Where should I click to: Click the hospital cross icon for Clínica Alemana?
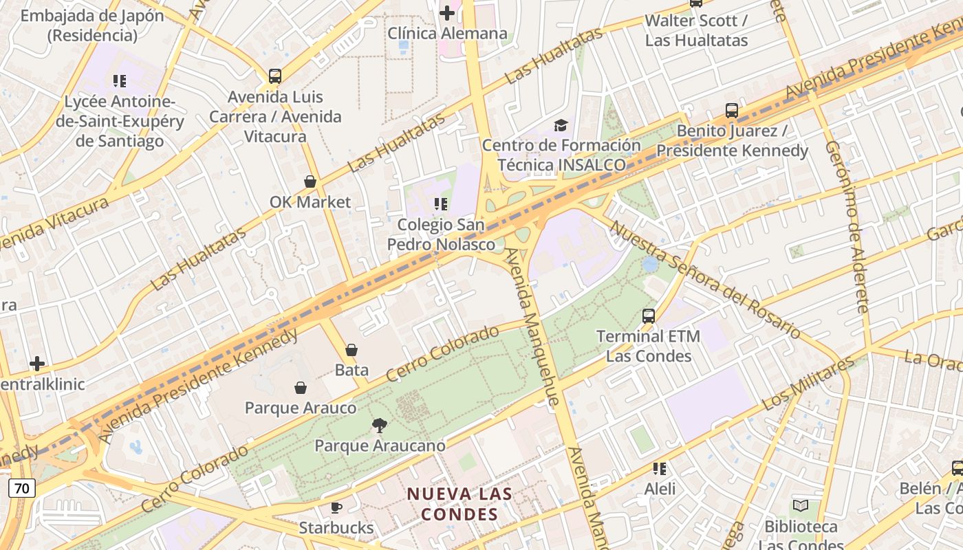447,12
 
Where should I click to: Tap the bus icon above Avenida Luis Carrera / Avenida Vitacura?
275,76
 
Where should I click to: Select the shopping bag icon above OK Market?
310,181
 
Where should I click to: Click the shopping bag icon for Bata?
351,350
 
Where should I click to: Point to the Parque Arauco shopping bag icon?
301,388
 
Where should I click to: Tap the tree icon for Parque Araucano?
379,426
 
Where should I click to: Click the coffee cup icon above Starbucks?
336,508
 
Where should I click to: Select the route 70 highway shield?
22,489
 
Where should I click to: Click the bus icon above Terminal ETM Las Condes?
649,316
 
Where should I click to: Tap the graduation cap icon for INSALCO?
561,125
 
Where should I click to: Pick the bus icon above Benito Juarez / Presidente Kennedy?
732,111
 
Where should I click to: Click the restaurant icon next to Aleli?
660,469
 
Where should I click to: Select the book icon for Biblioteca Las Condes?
801,507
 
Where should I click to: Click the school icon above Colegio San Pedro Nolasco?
441,204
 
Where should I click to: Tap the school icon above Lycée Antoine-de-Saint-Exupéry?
120,81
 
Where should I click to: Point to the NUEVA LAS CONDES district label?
459,504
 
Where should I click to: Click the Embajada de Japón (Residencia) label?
92,25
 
